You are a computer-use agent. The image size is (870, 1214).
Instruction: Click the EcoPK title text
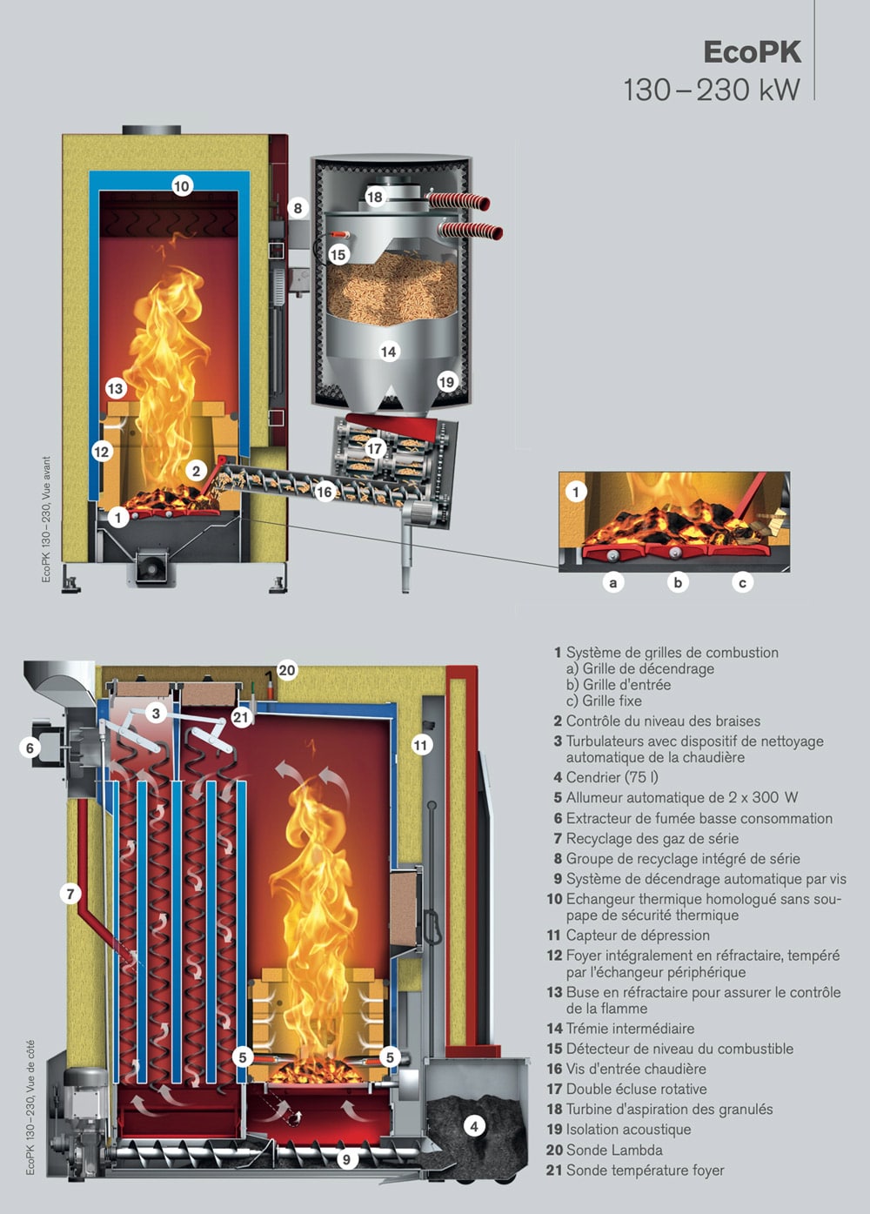click(x=752, y=52)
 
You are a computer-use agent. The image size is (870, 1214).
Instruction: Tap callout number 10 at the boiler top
click(x=182, y=186)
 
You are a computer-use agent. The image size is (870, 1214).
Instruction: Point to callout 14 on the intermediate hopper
click(x=388, y=352)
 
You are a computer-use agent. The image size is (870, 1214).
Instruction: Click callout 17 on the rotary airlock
click(x=375, y=448)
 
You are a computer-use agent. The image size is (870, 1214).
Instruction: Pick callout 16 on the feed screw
click(x=324, y=492)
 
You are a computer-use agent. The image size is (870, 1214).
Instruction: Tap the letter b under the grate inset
click(x=678, y=582)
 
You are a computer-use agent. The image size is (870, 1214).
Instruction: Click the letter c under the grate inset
click(x=743, y=582)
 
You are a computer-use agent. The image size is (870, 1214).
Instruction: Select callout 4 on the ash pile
click(x=474, y=1127)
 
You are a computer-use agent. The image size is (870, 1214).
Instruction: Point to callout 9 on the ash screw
click(x=347, y=1159)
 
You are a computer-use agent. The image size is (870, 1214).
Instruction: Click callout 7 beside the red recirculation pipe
click(x=70, y=894)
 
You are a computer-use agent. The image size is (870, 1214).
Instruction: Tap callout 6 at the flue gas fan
click(x=30, y=748)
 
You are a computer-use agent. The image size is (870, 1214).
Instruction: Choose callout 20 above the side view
click(x=286, y=670)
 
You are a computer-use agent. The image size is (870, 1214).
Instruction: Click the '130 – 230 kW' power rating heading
click(x=712, y=90)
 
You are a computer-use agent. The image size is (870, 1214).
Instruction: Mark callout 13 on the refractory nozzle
click(x=116, y=389)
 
